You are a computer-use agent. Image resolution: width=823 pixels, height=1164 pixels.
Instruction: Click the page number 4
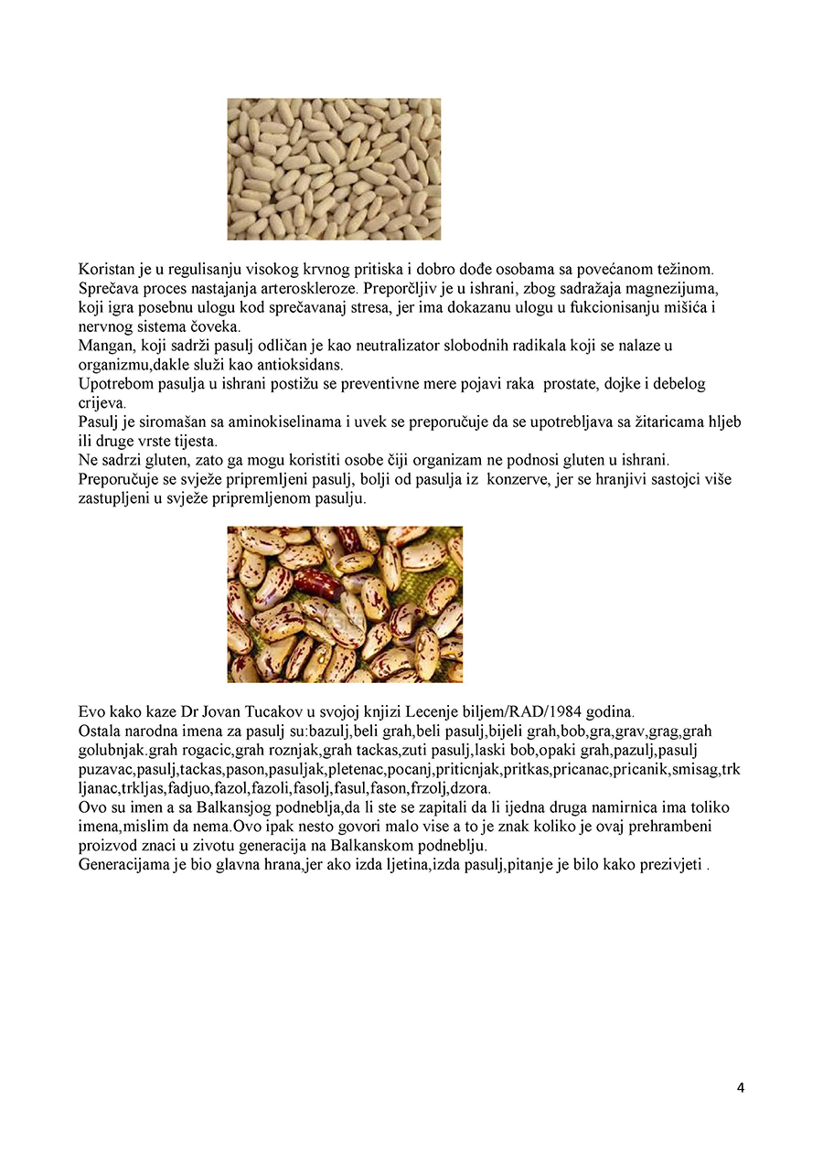pyautogui.click(x=740, y=1088)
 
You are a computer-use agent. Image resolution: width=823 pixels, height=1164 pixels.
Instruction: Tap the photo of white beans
pyautogui.click(x=334, y=169)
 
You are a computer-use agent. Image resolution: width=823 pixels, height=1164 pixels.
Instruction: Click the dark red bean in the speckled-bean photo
pyautogui.click(x=316, y=583)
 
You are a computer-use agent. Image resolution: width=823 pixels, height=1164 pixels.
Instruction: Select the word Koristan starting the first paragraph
pyautogui.click(x=107, y=270)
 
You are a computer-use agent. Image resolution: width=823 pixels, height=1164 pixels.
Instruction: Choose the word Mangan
pyautogui.click(x=103, y=346)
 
